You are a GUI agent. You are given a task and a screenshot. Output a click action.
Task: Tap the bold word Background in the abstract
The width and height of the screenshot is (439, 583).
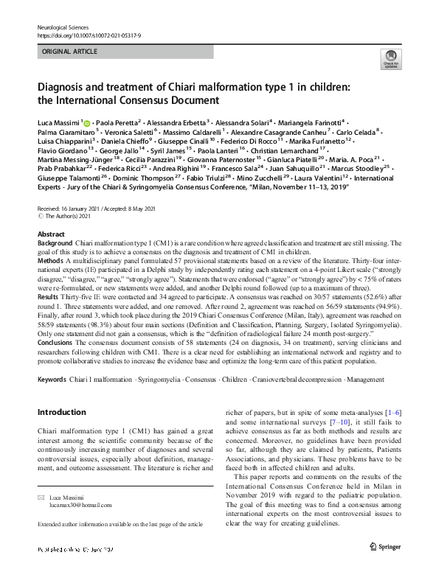tap(55, 242)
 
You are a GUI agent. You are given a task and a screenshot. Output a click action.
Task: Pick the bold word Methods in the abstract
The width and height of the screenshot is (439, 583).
tap(51, 261)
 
